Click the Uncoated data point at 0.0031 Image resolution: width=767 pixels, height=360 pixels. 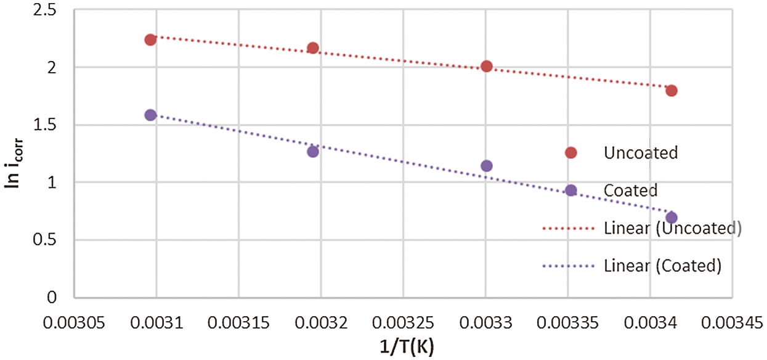(150, 40)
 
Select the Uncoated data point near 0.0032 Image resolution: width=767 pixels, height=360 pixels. (313, 48)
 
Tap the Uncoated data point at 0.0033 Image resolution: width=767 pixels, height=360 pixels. (487, 67)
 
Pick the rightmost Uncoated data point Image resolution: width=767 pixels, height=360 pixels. (672, 91)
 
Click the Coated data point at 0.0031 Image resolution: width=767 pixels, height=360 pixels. (150, 115)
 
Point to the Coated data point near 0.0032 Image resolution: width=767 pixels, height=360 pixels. (313, 152)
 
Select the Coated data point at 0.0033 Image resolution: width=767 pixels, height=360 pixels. (487, 166)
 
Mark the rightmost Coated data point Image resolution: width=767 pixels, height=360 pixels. (672, 218)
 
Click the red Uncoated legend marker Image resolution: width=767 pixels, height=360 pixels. (570, 153)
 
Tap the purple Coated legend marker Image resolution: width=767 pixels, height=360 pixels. (570, 190)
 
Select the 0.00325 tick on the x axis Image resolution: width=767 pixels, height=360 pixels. (403, 322)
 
